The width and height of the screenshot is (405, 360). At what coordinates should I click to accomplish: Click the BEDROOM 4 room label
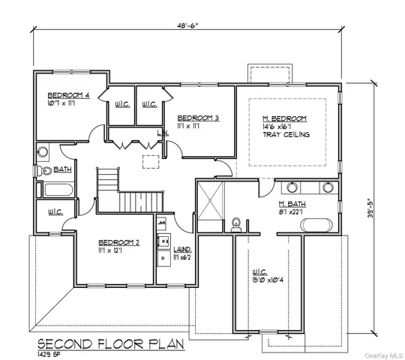point(68,95)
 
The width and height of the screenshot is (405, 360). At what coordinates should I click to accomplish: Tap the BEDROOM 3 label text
point(197,118)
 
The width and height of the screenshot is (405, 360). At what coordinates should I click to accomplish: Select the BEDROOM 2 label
point(120,242)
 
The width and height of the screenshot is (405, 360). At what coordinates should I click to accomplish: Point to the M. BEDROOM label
point(285,118)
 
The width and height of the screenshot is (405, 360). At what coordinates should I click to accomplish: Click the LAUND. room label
point(182,248)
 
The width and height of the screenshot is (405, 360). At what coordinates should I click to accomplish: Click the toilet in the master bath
point(235,223)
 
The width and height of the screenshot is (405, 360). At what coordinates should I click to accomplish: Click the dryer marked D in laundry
point(163,257)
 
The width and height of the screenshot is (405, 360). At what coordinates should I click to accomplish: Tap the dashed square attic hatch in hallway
point(152,160)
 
